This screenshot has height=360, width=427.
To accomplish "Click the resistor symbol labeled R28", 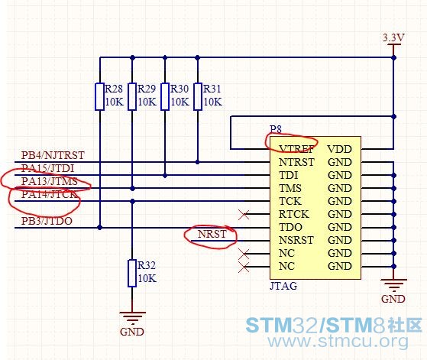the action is click(99, 97).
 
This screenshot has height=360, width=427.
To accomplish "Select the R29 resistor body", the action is click(132, 97).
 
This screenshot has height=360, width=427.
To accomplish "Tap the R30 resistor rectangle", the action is click(165, 97).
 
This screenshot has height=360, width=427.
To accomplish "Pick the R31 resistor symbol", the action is click(198, 97).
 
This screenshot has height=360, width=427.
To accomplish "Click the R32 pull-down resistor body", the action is click(132, 274).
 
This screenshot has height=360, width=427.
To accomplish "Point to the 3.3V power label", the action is click(393, 37).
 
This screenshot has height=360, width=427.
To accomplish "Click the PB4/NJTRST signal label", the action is click(53, 155).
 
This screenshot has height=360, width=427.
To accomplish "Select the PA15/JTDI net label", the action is click(47, 168).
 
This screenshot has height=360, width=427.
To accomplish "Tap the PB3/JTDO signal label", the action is click(47, 221).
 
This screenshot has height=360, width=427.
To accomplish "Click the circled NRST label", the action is click(212, 234).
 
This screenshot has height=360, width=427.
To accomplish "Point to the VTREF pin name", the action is click(296, 149).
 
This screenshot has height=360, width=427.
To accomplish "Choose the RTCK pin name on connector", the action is click(294, 214).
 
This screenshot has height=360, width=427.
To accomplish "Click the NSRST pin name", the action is click(296, 240).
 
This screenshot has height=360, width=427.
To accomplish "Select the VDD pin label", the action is click(340, 149).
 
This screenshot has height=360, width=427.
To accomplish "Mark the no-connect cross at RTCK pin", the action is click(244, 215).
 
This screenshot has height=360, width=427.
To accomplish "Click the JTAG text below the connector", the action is click(283, 286).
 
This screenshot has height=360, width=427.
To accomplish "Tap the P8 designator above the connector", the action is click(276, 129).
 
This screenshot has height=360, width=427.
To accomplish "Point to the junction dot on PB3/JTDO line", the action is click(99, 227).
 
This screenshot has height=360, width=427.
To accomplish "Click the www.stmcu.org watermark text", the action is click(338, 341).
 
